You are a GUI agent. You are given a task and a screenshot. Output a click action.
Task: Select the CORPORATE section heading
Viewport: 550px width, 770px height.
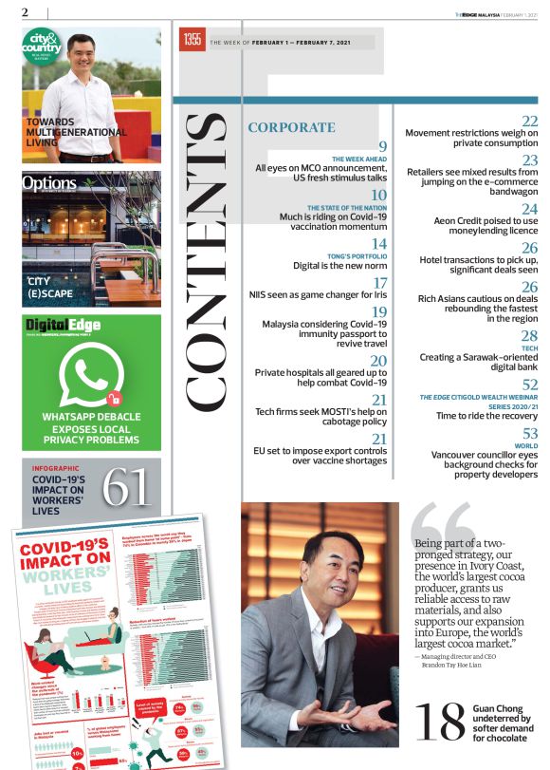pyautogui.click(x=291, y=127)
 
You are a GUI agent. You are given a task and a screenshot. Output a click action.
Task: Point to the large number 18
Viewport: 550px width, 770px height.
pyautogui.click(x=441, y=723)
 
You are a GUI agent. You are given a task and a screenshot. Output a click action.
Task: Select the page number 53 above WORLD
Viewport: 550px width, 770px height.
pyautogui.click(x=529, y=434)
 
